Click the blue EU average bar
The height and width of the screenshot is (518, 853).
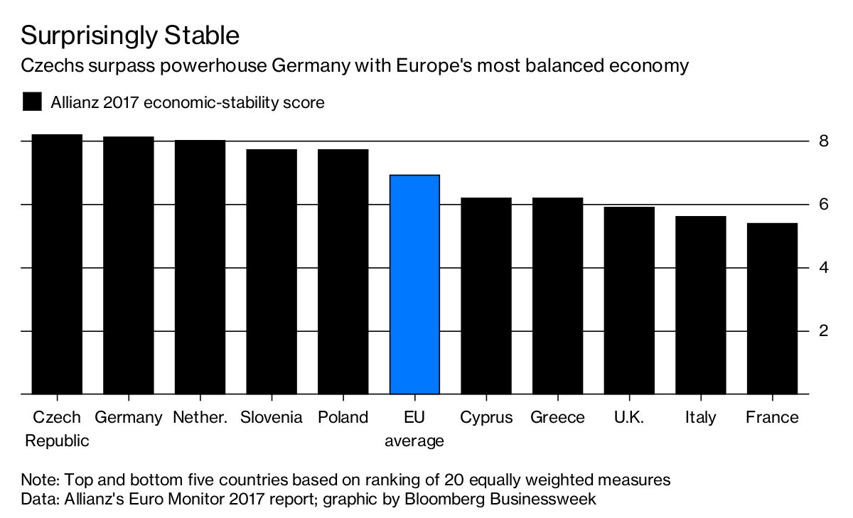[x=414, y=284]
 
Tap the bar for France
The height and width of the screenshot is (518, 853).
[x=772, y=308]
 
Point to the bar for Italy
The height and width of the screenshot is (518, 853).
[x=700, y=305]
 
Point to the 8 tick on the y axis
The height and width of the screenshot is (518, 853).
[x=823, y=141]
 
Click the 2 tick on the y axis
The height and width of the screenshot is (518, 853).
[x=823, y=331]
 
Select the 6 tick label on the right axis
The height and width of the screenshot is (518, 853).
[x=823, y=204]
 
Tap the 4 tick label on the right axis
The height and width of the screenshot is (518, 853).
[x=823, y=268]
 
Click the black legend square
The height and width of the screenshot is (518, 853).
[x=33, y=102]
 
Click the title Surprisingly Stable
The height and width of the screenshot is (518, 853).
[x=130, y=36]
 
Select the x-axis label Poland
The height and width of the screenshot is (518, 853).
[x=343, y=417]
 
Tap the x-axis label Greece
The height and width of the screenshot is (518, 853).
[x=557, y=417]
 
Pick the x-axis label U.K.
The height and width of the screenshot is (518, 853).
[x=628, y=417]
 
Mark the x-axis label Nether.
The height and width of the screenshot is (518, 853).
[x=200, y=417]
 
